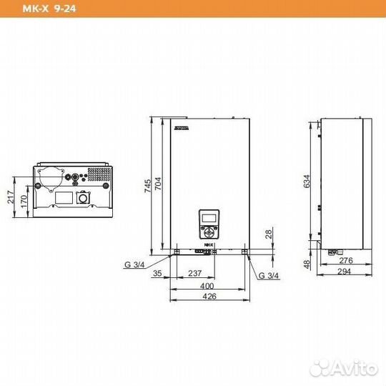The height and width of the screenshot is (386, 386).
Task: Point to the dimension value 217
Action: (x=11, y=197)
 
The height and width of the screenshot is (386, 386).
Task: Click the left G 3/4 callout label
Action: (x=134, y=264)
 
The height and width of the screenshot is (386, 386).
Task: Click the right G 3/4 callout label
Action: (x=269, y=274)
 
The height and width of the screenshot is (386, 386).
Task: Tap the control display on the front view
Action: (x=209, y=218)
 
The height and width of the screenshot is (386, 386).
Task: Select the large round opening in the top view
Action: (x=51, y=176)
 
